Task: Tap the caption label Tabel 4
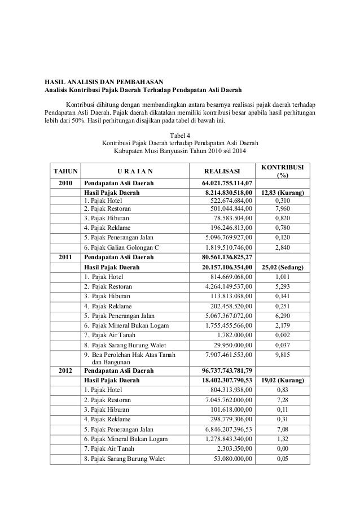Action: (180, 134)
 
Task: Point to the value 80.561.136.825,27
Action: (228, 258)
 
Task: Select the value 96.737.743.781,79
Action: (228, 370)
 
